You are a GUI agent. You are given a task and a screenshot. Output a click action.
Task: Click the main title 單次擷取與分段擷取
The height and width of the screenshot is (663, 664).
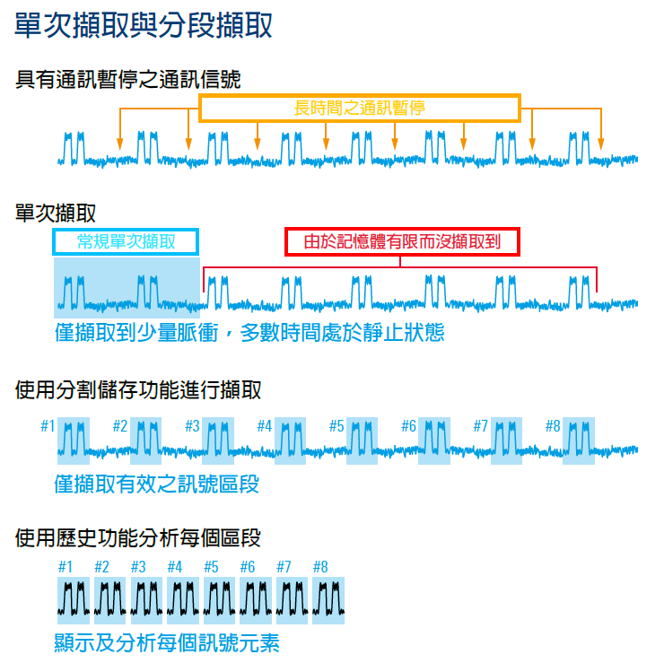144,25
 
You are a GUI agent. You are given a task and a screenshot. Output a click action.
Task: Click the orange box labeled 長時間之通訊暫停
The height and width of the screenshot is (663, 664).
359,109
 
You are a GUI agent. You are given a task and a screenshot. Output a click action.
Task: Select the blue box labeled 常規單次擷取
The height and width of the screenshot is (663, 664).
126,241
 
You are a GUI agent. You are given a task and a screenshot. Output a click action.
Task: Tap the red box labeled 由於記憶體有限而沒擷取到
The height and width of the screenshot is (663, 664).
401,241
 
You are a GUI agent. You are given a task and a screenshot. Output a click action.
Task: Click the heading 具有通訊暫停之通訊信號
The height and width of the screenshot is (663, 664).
128,80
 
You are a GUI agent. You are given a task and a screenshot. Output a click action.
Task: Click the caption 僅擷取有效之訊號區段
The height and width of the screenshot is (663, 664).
157,485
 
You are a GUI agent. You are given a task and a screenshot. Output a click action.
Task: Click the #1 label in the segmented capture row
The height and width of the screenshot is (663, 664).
48,426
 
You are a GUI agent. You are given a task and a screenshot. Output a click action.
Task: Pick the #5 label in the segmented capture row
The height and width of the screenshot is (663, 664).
336,426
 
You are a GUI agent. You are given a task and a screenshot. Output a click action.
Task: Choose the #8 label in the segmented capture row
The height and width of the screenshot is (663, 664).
553,426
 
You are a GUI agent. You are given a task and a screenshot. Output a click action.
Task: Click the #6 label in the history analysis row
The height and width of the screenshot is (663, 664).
247,567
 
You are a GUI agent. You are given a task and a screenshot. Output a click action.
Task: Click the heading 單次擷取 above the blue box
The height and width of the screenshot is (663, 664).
57,213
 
